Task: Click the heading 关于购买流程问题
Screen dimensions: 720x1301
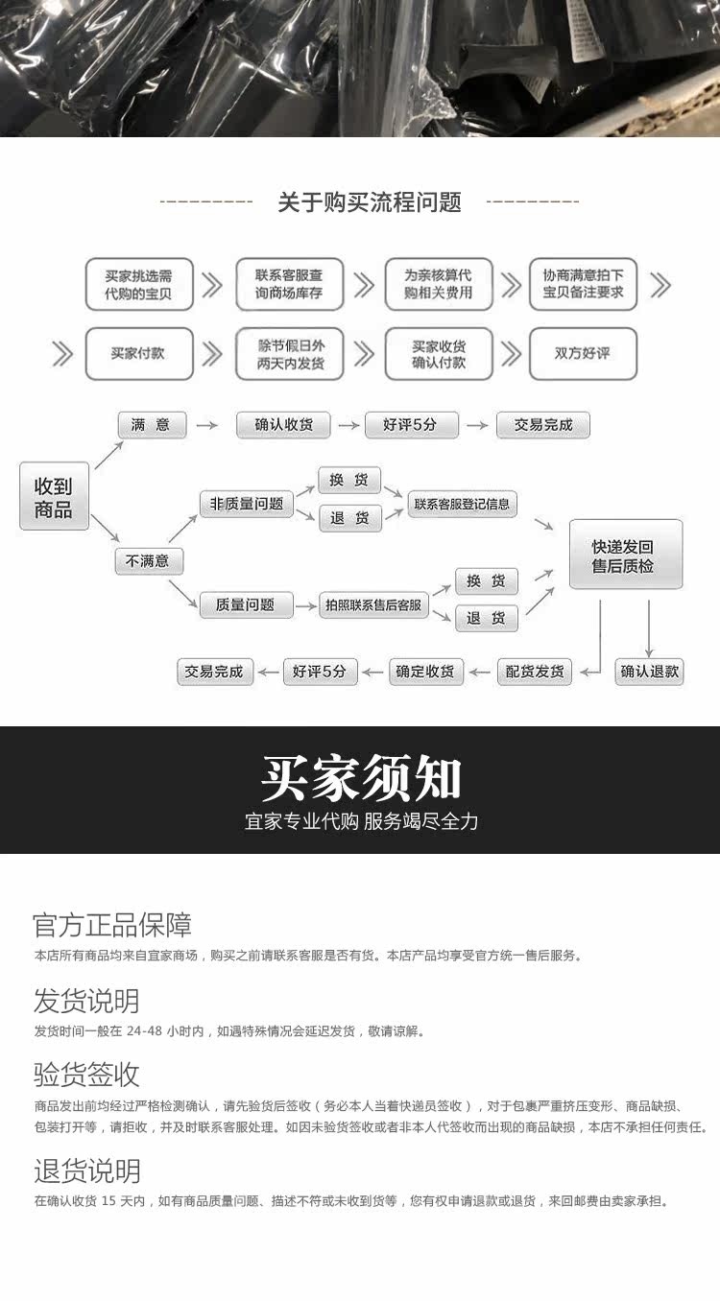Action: click(370, 202)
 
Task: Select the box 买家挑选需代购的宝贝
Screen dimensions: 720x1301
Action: click(139, 284)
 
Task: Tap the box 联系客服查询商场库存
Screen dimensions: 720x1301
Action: click(289, 284)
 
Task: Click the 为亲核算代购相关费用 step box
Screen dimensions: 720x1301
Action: click(439, 284)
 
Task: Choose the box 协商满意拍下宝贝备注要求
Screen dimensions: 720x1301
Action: click(583, 284)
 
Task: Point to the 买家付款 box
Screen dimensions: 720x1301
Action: click(139, 353)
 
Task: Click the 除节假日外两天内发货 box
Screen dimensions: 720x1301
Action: click(289, 353)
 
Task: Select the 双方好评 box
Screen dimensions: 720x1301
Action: click(583, 353)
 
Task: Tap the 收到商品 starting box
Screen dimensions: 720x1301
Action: click(54, 495)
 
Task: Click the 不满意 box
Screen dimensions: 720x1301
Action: click(148, 560)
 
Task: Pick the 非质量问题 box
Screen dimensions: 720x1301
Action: click(247, 503)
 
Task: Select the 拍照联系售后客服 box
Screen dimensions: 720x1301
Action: click(373, 605)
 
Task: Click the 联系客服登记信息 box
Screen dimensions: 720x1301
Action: click(463, 504)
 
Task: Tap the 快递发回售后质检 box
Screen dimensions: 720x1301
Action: click(625, 555)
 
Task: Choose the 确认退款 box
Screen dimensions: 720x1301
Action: click(650, 672)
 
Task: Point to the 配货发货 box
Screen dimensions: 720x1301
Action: click(535, 672)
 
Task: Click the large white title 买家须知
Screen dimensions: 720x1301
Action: click(361, 779)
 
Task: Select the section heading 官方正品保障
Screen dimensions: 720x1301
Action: click(112, 925)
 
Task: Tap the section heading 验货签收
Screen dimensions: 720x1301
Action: click(86, 1074)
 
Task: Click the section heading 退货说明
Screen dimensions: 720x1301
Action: click(86, 1171)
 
